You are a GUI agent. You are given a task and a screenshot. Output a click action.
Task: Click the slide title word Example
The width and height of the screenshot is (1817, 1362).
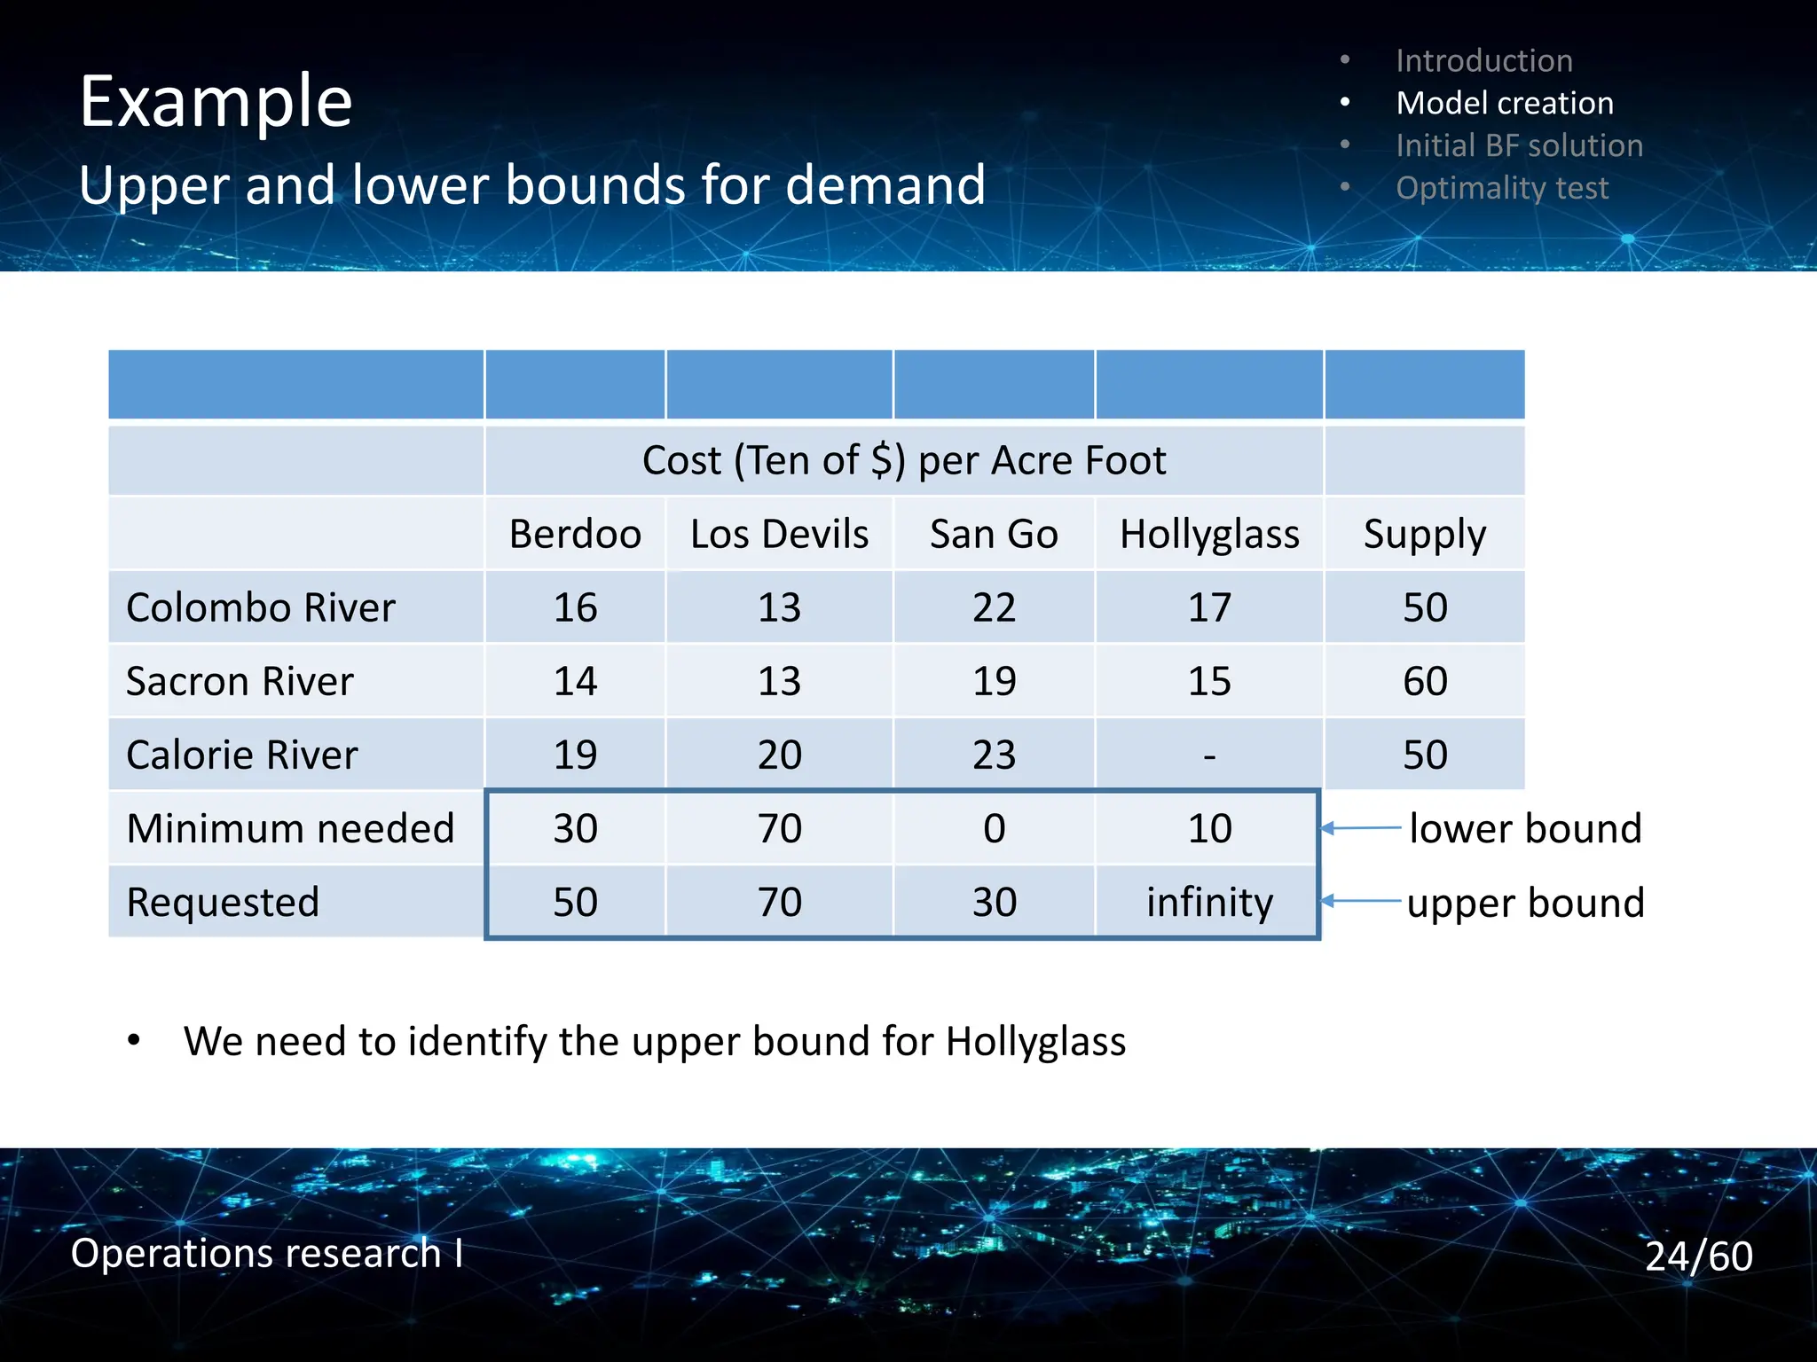click(216, 102)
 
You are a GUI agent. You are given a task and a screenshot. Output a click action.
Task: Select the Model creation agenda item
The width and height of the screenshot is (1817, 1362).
click(1504, 103)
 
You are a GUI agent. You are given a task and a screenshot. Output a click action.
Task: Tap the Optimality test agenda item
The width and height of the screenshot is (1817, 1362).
click(1501, 188)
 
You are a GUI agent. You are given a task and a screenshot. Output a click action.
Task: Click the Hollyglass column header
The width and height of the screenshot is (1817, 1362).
click(1208, 535)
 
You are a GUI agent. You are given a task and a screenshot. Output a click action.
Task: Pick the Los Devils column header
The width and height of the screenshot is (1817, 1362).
click(779, 535)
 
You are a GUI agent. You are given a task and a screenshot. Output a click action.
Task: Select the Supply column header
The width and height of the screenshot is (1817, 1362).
click(1424, 535)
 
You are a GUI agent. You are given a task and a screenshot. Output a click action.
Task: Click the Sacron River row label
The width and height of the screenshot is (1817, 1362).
click(240, 681)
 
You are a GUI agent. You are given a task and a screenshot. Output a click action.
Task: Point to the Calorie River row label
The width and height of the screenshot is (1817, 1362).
click(241, 755)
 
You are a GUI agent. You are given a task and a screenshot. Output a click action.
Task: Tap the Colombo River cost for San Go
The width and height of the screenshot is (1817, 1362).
click(994, 608)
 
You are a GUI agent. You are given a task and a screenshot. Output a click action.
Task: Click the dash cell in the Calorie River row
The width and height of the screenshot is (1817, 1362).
click(1208, 755)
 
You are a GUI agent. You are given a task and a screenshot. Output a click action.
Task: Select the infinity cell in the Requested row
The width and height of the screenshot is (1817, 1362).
click(1208, 903)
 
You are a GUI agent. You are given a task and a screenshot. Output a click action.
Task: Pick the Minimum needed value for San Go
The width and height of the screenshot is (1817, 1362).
click(994, 829)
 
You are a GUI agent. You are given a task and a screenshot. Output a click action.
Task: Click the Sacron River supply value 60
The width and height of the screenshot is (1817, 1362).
click(1424, 681)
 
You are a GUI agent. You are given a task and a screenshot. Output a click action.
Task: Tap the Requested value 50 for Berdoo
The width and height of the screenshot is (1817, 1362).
click(575, 903)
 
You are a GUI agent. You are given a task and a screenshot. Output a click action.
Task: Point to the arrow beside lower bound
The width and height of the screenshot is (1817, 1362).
click(1361, 828)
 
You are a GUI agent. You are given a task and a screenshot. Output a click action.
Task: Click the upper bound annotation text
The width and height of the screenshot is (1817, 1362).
click(1525, 903)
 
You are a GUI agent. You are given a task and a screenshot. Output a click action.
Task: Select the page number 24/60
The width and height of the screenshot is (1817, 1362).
click(1698, 1256)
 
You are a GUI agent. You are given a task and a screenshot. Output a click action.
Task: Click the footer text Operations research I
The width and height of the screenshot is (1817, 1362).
click(266, 1253)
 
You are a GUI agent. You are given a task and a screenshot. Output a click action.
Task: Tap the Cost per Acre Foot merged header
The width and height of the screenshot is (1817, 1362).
click(903, 461)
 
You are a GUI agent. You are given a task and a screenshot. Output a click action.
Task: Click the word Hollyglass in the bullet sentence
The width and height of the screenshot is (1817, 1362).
click(1035, 1041)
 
